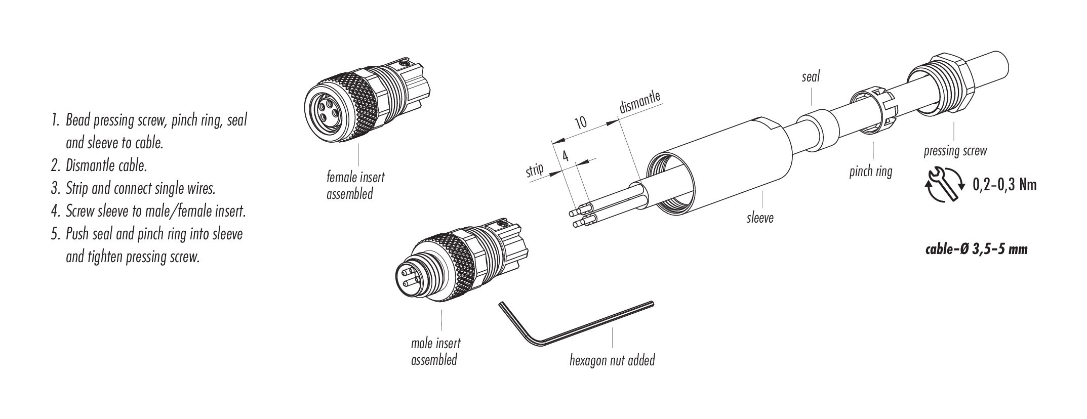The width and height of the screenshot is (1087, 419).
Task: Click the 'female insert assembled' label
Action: [355, 185]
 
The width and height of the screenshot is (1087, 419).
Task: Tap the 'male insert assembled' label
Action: [435, 351]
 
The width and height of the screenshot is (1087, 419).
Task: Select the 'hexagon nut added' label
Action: [612, 360]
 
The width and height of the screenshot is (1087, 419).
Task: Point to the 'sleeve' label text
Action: [760, 219]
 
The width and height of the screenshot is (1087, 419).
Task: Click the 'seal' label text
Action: [811, 77]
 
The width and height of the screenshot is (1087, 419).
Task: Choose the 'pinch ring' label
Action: [870, 172]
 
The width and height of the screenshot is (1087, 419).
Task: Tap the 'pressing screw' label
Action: [955, 151]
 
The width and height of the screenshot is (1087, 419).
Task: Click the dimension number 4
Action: [566, 156]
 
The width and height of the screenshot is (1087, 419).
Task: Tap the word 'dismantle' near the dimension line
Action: [640, 101]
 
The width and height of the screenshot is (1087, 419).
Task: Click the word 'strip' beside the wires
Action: [534, 170]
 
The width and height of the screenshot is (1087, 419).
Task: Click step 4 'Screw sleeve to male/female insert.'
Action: [148, 212]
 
